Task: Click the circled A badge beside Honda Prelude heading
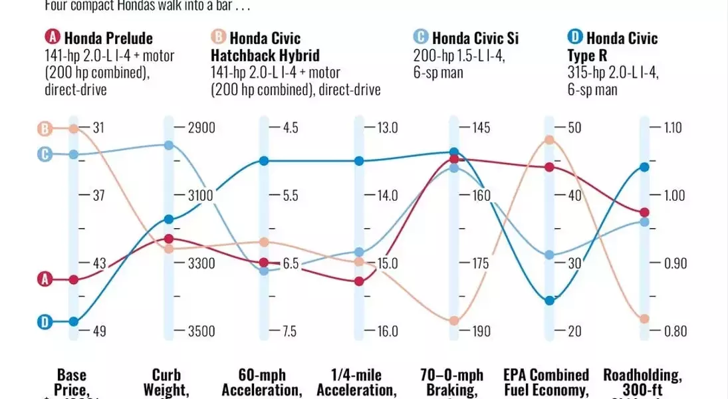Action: pos(53,38)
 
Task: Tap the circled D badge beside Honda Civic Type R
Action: pos(575,38)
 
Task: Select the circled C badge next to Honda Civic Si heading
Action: pos(421,38)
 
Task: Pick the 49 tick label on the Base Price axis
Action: pos(98,331)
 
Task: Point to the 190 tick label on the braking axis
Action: pos(481,331)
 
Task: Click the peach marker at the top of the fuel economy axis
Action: pos(549,140)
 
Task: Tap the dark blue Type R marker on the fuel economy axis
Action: pos(549,301)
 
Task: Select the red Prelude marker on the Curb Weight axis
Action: pos(169,239)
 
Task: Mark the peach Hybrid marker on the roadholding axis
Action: pos(644,319)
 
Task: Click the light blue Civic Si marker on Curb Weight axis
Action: pos(169,145)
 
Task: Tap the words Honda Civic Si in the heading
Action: pos(475,38)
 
